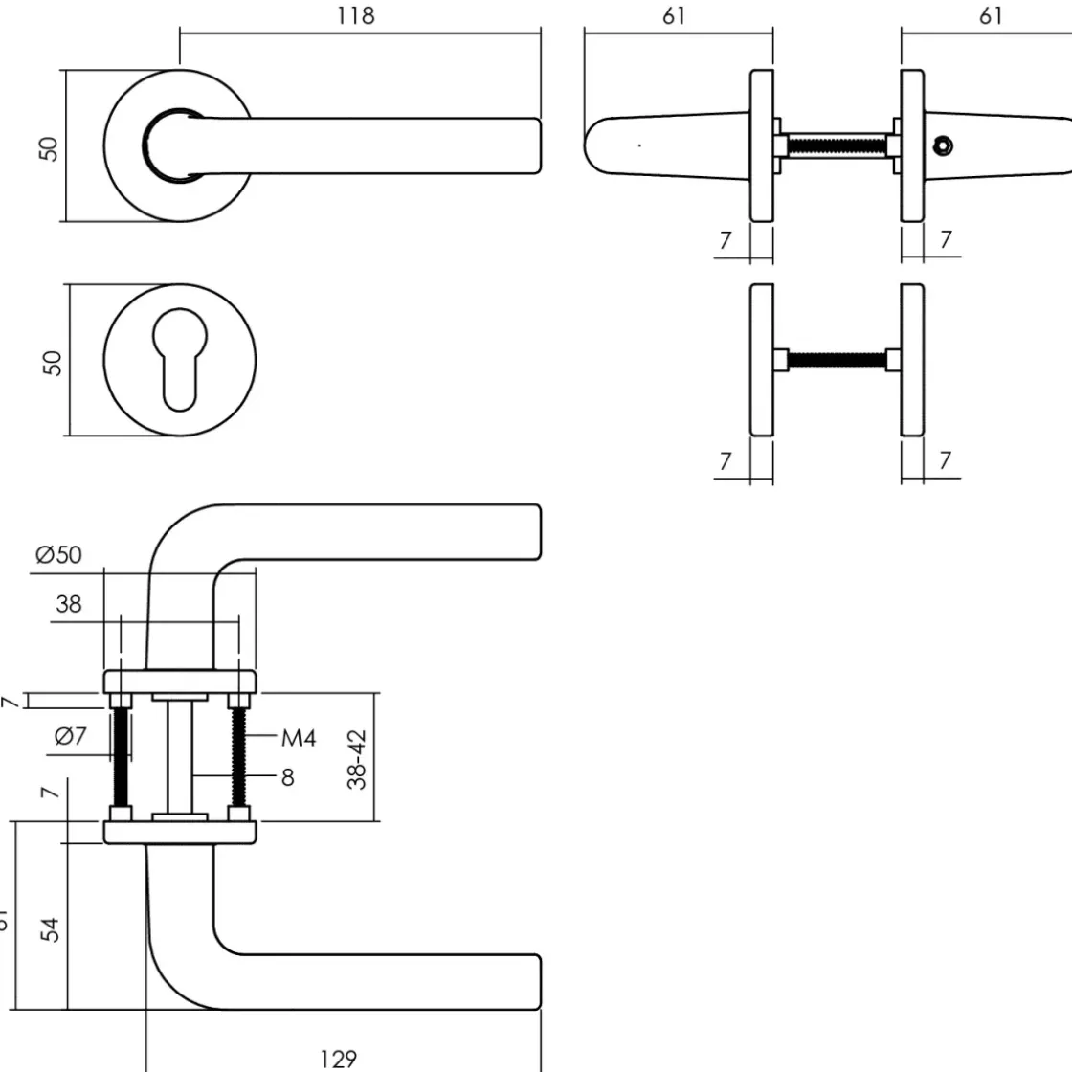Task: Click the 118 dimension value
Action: pyautogui.click(x=356, y=16)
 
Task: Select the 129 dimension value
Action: pyautogui.click(x=339, y=1058)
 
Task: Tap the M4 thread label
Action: pyautogui.click(x=298, y=737)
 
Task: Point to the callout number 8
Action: pyautogui.click(x=287, y=777)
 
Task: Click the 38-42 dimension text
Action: pyautogui.click(x=357, y=759)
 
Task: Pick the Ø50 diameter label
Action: pyautogui.click(x=58, y=554)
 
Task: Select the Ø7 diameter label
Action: pyautogui.click(x=70, y=737)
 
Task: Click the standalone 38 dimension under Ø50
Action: pyautogui.click(x=69, y=604)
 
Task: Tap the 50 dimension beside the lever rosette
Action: pyautogui.click(x=50, y=147)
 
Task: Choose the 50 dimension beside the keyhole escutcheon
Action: pyautogui.click(x=53, y=362)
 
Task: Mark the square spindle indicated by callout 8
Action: pyautogui.click(x=179, y=756)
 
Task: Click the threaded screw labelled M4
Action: pyautogui.click(x=239, y=756)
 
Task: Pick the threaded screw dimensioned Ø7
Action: pyautogui.click(x=122, y=756)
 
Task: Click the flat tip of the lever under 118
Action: pyautogui.click(x=537, y=146)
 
